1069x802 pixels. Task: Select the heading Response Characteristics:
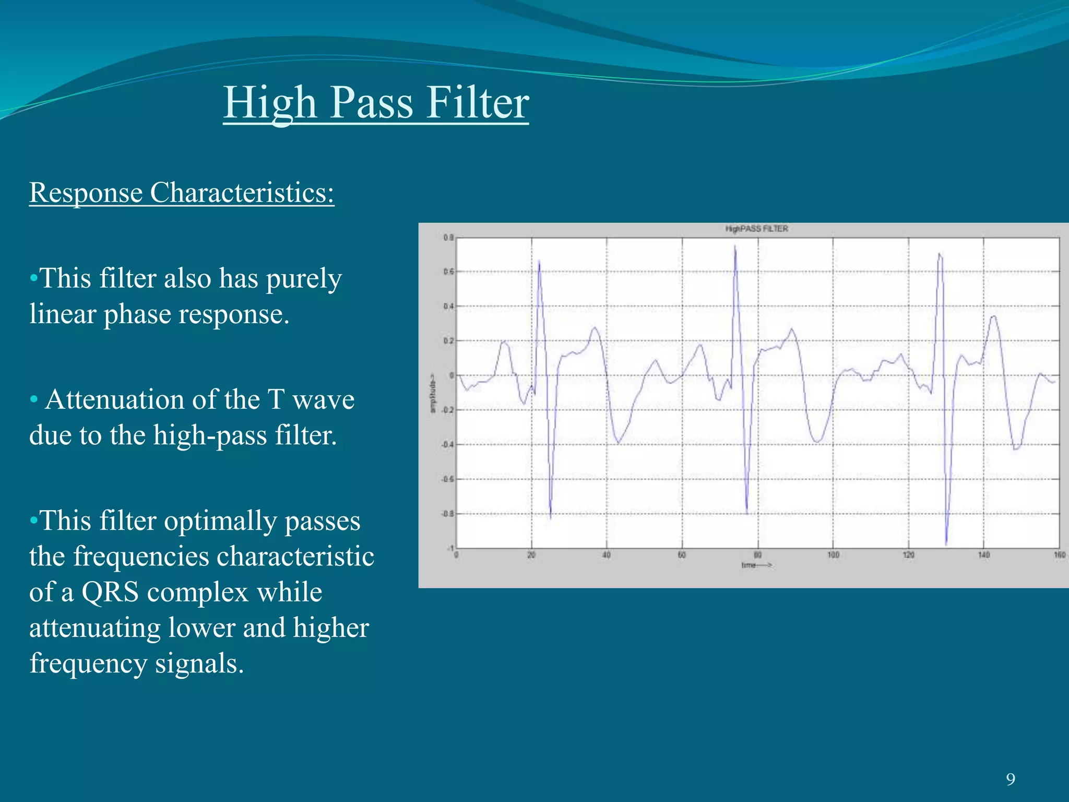click(182, 192)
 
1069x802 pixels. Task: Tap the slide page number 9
click(1011, 780)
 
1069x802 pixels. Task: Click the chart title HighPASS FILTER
click(756, 229)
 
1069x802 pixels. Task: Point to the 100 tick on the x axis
click(833, 555)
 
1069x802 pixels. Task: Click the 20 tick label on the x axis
click(531, 555)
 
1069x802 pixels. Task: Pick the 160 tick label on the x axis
click(1059, 555)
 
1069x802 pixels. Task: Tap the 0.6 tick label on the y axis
click(448, 272)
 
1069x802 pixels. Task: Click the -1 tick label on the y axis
click(449, 548)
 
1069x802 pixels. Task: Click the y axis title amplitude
click(433, 393)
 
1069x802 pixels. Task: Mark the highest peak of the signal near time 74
click(735, 246)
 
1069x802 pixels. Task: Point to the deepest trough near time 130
click(946, 544)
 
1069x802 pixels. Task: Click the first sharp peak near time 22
click(539, 261)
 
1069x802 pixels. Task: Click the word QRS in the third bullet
click(110, 592)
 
